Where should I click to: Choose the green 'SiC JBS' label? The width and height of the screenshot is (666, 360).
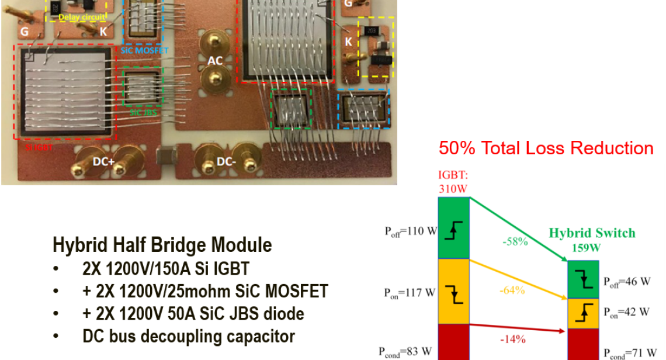point(143,112)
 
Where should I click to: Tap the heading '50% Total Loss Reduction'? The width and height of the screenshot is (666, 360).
point(546,148)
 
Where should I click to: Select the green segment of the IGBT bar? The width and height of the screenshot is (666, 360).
point(453,228)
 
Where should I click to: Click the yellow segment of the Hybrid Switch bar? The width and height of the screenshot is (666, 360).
point(583,313)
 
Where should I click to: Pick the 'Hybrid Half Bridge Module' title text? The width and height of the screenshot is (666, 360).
point(162,245)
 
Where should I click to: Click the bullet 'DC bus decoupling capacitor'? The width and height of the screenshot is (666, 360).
point(188,336)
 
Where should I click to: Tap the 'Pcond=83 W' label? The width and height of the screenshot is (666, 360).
point(406,351)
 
